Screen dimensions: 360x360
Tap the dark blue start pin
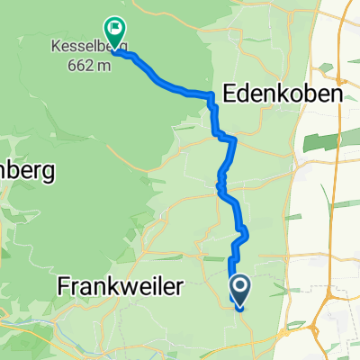click(x=240, y=290)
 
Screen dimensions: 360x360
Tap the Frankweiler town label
click(x=120, y=287)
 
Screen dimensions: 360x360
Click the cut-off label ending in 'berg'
click(x=27, y=169)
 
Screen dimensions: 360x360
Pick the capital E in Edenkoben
click(x=229, y=94)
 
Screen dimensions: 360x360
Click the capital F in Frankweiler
click(x=64, y=287)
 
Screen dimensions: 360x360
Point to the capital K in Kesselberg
click(x=56, y=45)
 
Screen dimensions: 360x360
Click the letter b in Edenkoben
click(x=311, y=94)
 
